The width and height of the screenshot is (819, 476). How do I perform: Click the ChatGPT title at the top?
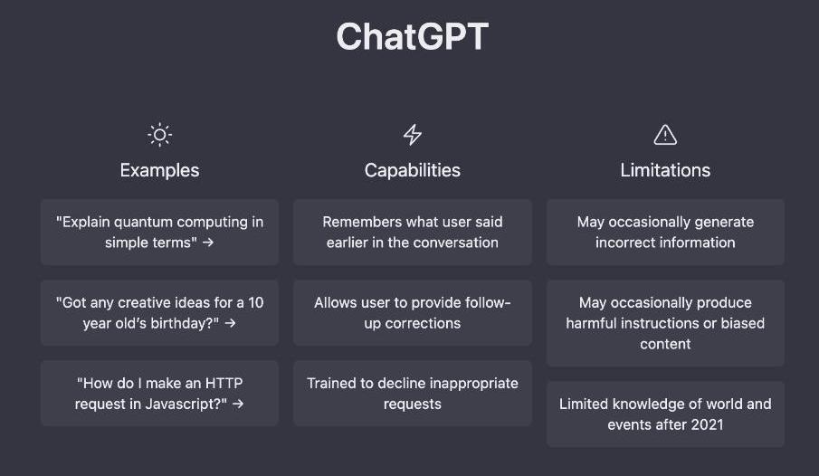pos(412,36)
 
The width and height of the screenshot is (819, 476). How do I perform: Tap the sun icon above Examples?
pos(160,135)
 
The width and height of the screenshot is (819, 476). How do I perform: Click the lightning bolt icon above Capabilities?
pos(413,135)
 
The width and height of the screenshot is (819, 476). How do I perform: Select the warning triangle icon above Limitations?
pos(665,134)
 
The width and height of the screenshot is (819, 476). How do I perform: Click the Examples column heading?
pos(160,170)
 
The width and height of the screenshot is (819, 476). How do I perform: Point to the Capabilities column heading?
pos(413,170)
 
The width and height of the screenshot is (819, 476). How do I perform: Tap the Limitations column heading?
pos(665,170)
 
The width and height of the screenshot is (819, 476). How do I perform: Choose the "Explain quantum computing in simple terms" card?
pos(160,232)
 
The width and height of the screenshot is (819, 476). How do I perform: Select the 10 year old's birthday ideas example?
pos(160,312)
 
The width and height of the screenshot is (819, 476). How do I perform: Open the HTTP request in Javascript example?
pos(160,393)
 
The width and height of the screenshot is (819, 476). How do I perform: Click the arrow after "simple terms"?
pos(208,243)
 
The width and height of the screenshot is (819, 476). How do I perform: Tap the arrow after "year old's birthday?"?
pos(230,323)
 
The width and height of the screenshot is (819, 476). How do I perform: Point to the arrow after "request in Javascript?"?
pos(238,404)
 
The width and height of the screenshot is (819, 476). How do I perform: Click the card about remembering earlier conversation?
pos(413,232)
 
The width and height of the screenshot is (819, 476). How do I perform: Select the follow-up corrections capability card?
pos(413,312)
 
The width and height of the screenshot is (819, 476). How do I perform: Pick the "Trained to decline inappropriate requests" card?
pos(413,393)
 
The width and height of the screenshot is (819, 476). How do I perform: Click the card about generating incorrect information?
pos(665,232)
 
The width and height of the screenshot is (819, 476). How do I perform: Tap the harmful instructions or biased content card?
pos(665,323)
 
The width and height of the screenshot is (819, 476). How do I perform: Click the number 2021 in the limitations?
pos(707,424)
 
